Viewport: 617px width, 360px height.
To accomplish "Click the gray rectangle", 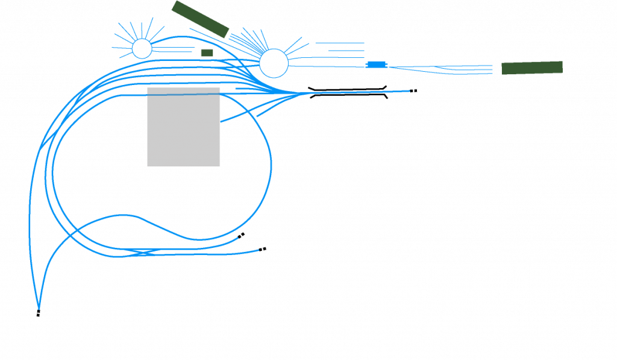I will coord(184,127).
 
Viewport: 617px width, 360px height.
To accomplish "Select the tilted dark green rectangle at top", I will coord(200,19).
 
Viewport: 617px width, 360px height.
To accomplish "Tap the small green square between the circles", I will coord(207,53).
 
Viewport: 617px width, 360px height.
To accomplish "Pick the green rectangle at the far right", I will coord(531,68).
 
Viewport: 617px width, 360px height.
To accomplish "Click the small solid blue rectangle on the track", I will coord(377,65).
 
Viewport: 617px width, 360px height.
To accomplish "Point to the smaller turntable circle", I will coord(142,49).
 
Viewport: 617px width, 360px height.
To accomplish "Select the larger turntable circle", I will coord(274,63).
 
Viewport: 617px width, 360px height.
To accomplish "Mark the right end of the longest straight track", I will coord(410,91).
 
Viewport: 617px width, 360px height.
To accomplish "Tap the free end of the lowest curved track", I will coord(258,250).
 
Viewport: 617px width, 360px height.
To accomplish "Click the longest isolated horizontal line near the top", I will coord(340,43).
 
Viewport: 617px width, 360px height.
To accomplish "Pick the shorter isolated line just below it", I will coord(346,51).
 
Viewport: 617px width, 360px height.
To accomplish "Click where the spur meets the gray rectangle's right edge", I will coord(221,121).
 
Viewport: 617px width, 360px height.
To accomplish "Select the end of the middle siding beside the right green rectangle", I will coord(493,69).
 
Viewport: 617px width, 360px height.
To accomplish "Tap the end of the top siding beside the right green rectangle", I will coord(493,65).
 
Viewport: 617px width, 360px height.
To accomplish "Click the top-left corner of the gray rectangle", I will coord(147,88).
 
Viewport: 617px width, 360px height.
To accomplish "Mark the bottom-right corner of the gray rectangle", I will coord(220,166).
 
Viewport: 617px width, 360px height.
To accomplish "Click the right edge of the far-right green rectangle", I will coord(562,67).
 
